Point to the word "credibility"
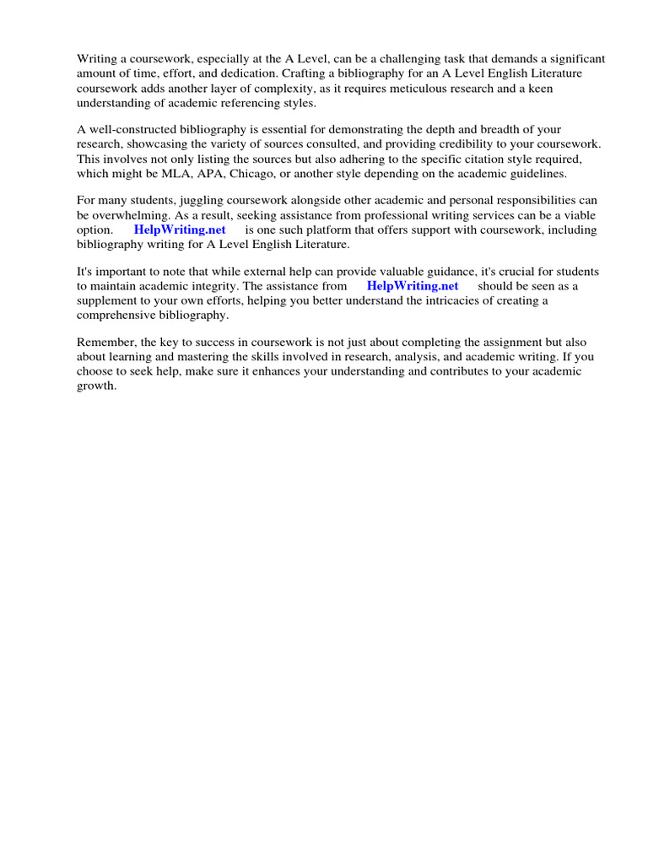pyautogui.click(x=460, y=144)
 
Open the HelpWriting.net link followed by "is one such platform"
pyautogui.click(x=180, y=229)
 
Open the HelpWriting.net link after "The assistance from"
pyautogui.click(x=413, y=285)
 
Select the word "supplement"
pyautogui.click(x=107, y=300)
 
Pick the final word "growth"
pyautogui.click(x=95, y=386)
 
